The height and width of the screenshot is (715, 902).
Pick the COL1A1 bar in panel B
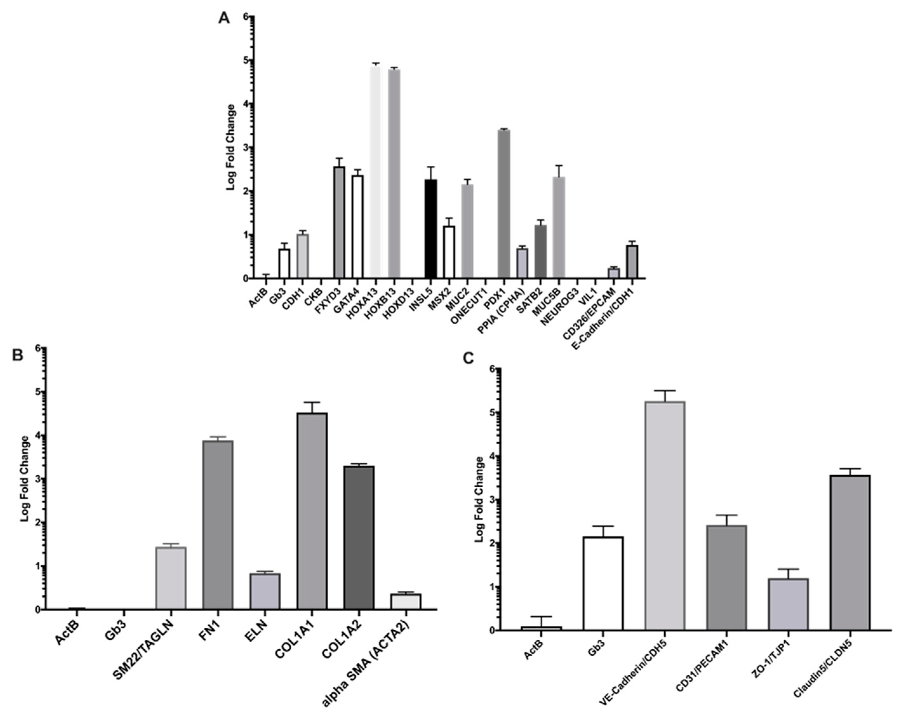(312, 511)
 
